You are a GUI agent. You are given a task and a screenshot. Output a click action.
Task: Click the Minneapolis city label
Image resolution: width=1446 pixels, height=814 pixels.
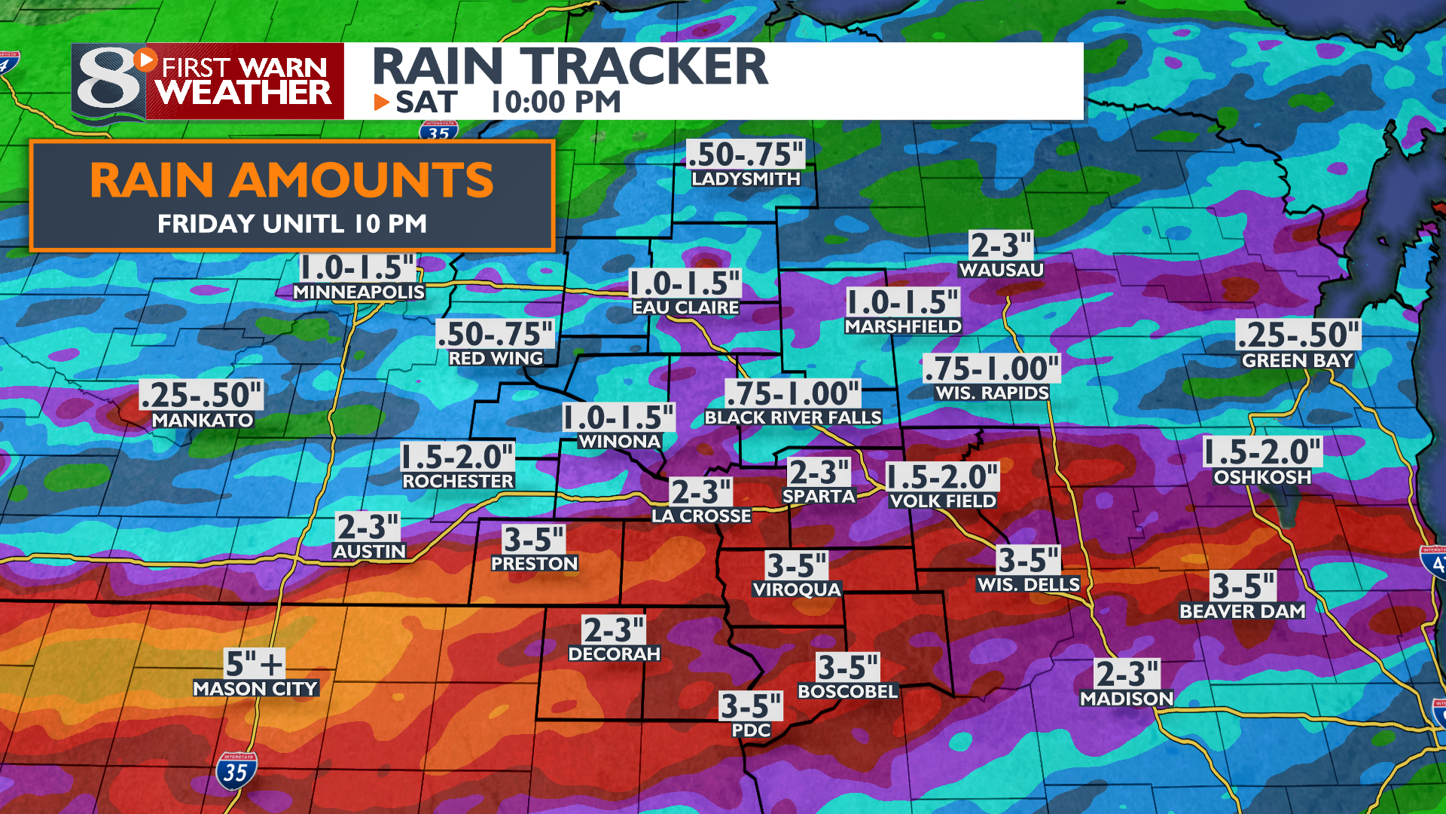pos(358,292)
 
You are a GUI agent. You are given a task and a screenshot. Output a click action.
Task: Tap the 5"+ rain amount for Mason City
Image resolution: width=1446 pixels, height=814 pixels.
pos(255,664)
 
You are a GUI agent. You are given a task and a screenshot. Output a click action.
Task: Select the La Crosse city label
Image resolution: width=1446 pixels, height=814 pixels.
pos(701,516)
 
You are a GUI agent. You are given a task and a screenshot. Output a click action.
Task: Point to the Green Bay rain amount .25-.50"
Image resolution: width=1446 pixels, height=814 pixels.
pos(1298,335)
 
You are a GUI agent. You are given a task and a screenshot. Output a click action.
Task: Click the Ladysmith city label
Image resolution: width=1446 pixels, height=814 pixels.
pos(746,179)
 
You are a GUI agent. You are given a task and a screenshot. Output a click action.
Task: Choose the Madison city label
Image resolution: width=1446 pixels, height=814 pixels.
pos(1127,699)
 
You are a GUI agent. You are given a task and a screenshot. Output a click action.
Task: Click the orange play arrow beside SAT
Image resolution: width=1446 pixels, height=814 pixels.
pos(382,103)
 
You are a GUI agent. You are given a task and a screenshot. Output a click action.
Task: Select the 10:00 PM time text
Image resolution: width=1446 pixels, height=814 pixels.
pos(556,103)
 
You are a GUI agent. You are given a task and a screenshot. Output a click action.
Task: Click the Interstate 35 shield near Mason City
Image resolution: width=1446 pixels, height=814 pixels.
pos(236,772)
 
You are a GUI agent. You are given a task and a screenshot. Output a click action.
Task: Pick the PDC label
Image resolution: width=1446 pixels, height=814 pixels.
pos(751,730)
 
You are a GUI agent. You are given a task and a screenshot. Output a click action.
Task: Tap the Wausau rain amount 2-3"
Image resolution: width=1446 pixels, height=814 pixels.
pos(1000,246)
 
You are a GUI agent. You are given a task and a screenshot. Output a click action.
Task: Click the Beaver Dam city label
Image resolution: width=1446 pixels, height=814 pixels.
pos(1242,611)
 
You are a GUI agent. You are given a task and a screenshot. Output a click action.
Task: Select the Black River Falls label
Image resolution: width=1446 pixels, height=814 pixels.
pos(792,418)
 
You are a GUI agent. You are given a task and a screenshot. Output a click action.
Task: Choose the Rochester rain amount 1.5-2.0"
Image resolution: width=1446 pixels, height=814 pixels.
pos(457,457)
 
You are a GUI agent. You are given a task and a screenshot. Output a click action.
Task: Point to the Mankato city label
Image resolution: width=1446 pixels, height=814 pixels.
pos(203,421)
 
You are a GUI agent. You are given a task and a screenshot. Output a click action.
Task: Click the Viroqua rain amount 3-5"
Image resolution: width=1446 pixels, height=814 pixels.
pos(796,565)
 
